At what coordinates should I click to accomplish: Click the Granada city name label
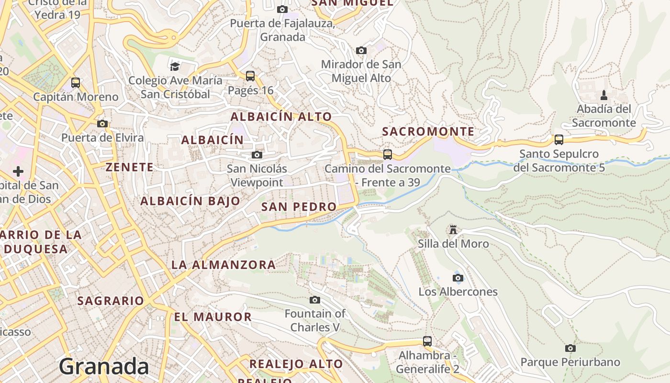click(x=104, y=366)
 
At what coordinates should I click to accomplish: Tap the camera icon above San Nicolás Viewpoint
click(x=257, y=155)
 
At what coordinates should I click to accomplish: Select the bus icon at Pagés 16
click(x=250, y=76)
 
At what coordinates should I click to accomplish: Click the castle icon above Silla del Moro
click(x=453, y=230)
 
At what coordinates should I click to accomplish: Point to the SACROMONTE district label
click(x=428, y=132)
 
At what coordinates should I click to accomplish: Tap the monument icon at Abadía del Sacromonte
click(x=604, y=95)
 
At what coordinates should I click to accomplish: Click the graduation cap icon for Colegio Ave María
click(x=175, y=66)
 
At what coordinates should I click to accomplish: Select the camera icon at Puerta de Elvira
click(x=102, y=124)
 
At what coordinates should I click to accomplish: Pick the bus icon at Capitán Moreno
click(x=76, y=83)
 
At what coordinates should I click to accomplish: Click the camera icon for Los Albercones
click(x=458, y=278)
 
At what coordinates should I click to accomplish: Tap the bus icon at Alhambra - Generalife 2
click(x=427, y=341)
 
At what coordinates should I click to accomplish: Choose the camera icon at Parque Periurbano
click(x=570, y=348)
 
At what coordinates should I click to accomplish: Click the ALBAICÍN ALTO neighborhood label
click(x=281, y=117)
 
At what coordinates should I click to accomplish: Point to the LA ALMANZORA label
click(x=223, y=265)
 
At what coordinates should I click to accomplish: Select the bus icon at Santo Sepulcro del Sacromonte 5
click(x=558, y=140)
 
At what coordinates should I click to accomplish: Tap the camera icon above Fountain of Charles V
click(x=314, y=300)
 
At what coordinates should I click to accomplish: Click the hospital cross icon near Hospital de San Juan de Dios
click(x=18, y=171)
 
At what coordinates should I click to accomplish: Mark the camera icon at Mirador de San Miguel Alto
click(x=361, y=50)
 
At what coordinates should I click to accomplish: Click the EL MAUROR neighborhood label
click(x=212, y=317)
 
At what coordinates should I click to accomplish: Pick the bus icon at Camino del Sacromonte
click(x=388, y=155)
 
